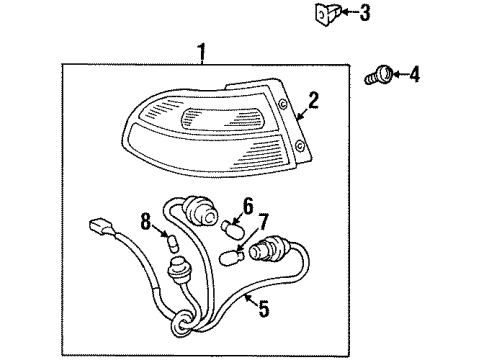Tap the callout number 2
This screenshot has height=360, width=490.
coord(313,99)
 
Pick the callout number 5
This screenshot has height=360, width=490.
coord(264,310)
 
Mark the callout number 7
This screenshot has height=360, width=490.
coord(265,221)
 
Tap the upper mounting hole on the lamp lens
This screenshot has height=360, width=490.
coord(286,105)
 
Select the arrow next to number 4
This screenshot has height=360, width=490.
coord(395,73)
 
